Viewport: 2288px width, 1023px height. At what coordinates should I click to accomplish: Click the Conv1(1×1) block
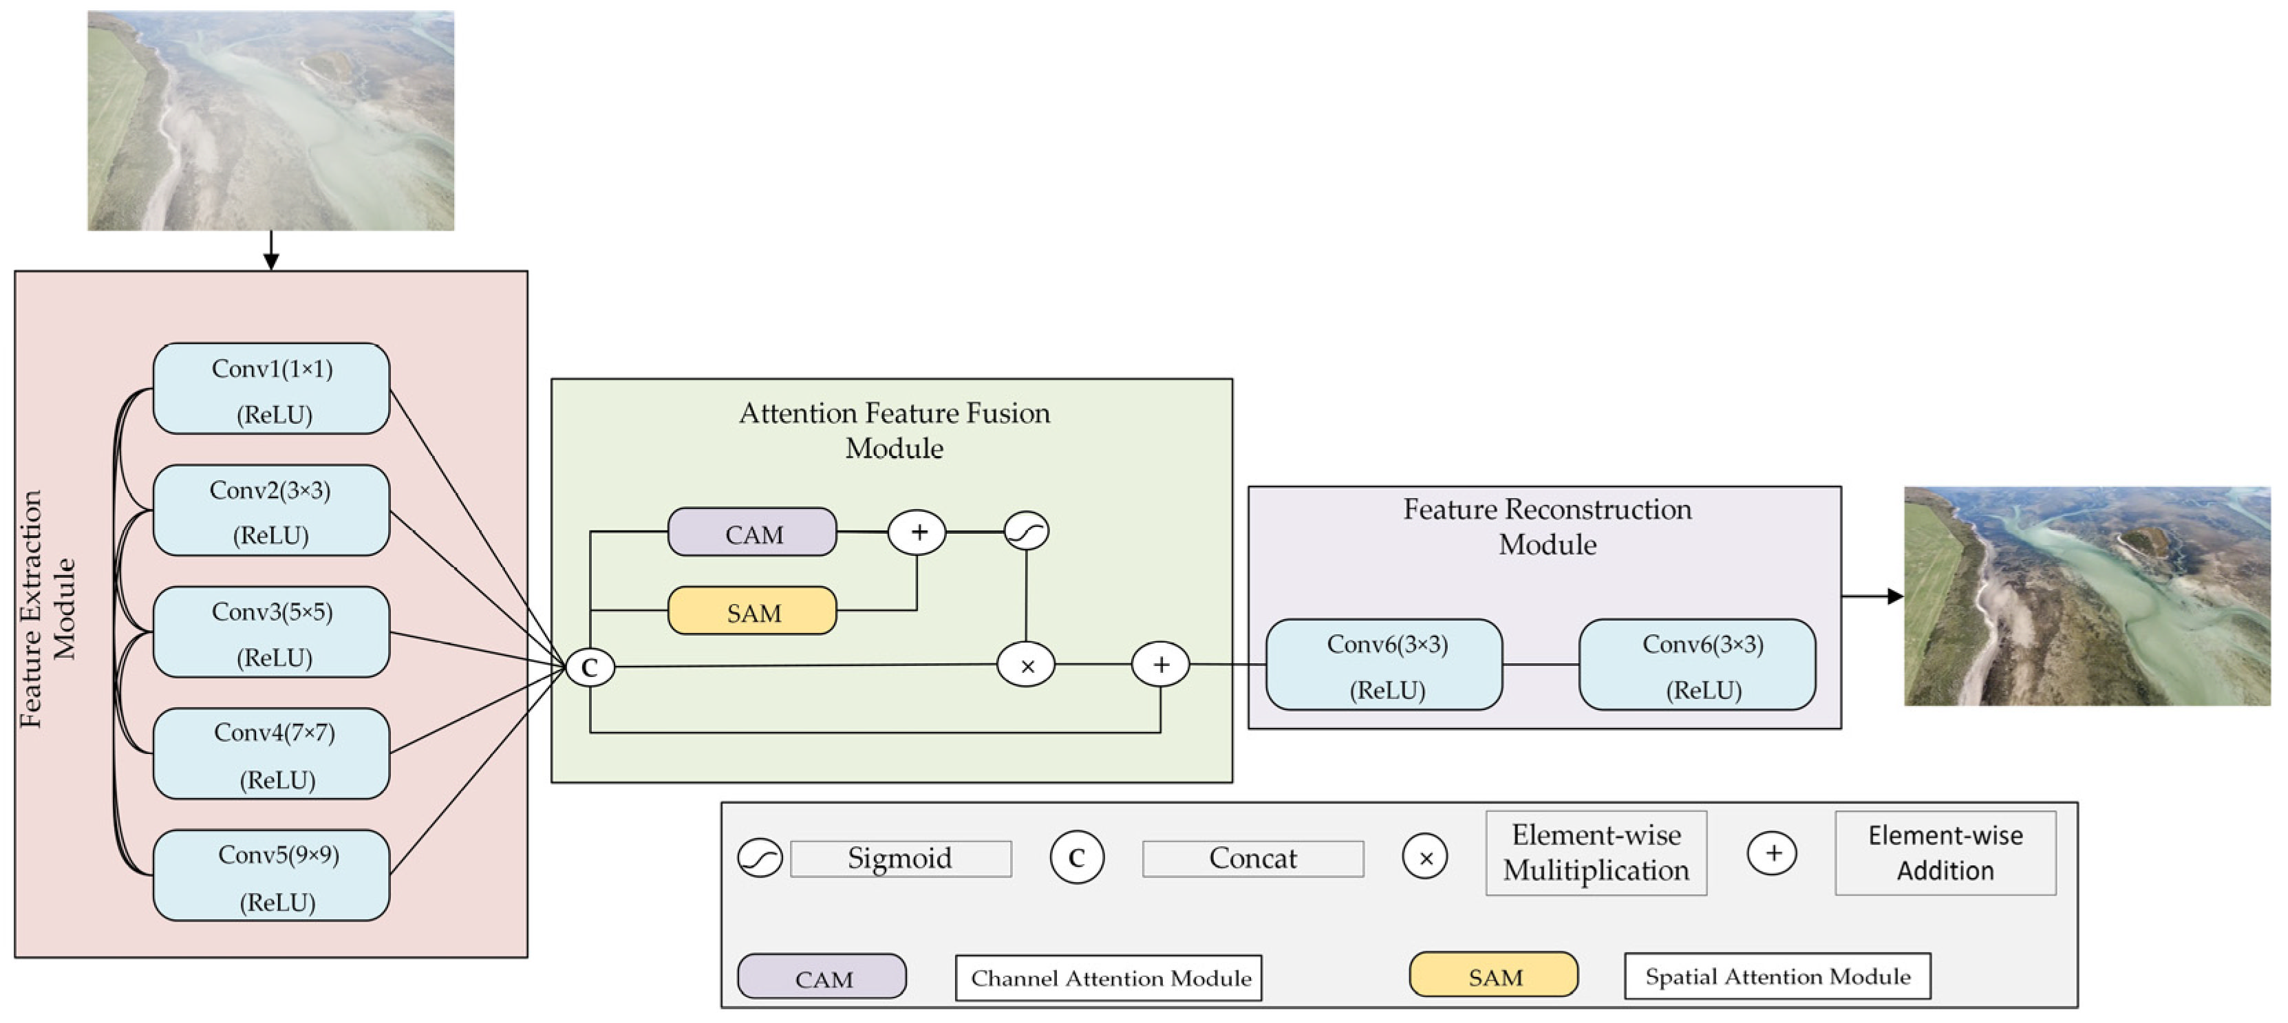(271, 389)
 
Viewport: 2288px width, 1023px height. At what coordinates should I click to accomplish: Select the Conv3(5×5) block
(271, 632)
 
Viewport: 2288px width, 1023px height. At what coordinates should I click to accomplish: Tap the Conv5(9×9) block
(271, 876)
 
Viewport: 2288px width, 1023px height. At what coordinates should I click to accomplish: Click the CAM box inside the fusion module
(751, 532)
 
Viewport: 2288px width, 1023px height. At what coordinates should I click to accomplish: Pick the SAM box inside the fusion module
(751, 611)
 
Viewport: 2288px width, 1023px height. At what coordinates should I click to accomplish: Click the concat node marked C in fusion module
(590, 667)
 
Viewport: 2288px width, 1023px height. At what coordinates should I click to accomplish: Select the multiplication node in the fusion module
(1026, 665)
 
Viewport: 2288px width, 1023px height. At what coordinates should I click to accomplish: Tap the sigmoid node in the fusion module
(1026, 531)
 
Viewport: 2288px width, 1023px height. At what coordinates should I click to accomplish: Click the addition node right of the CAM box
(917, 532)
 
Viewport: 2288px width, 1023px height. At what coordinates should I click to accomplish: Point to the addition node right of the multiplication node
(1160, 665)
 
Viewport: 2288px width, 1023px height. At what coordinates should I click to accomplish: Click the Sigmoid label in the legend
(900, 859)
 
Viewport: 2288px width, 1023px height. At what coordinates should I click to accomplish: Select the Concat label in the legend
(1252, 859)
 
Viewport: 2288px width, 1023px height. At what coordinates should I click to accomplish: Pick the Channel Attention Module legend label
(1109, 978)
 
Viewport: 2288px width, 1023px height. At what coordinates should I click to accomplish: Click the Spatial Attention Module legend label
(1777, 976)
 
